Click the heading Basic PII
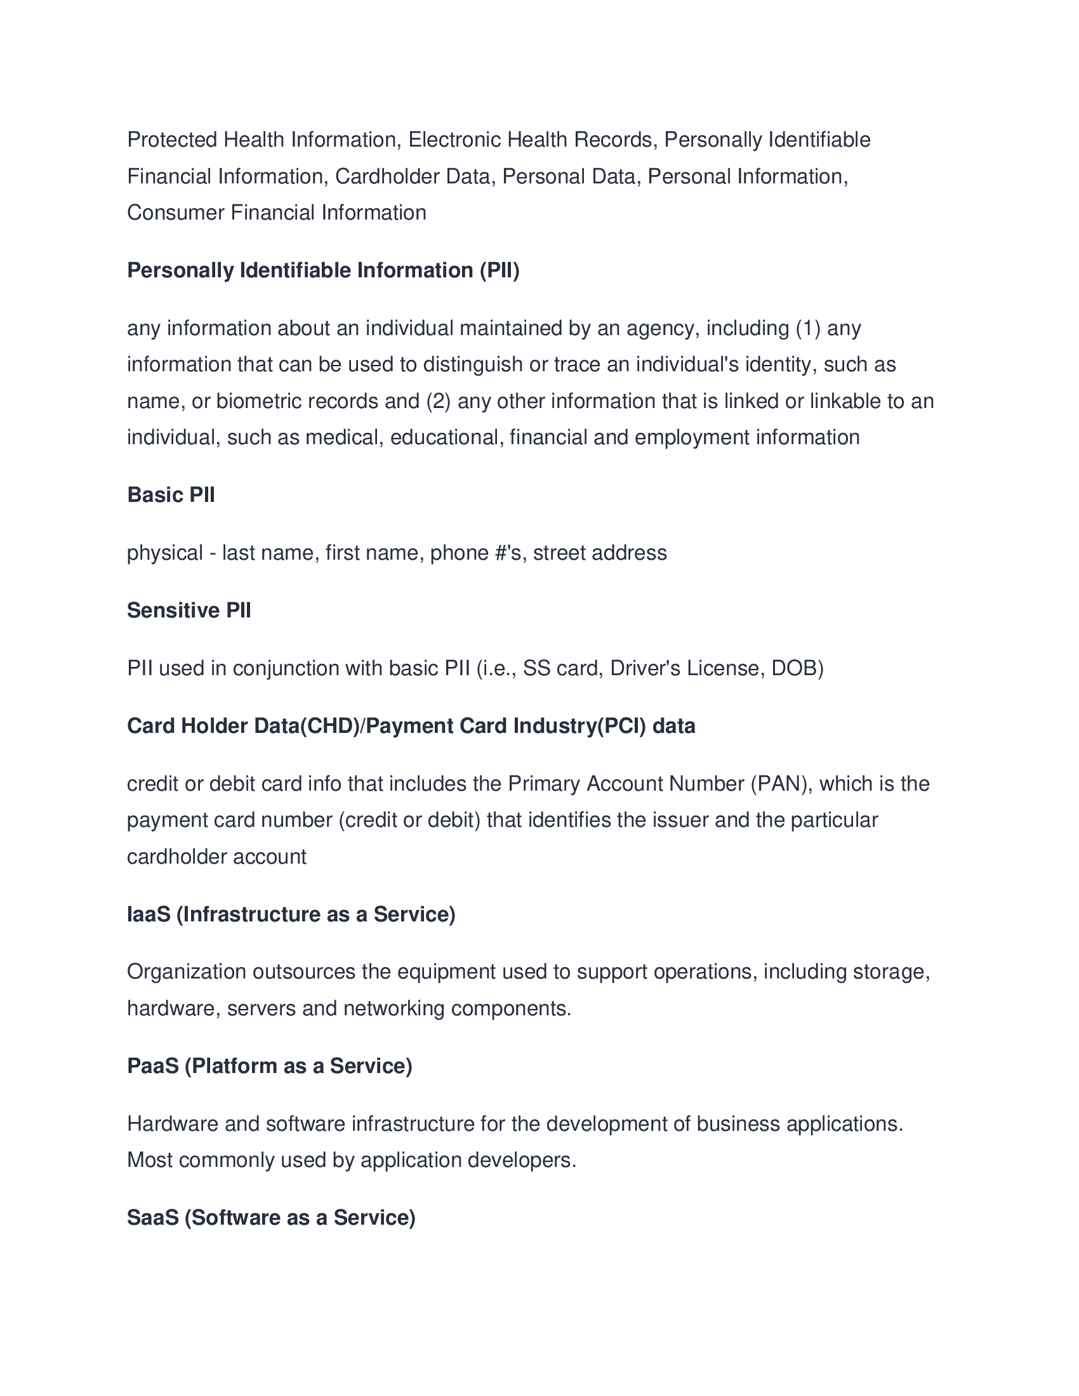171,495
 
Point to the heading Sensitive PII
189,610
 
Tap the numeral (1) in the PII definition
808,328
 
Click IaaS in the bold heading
149,914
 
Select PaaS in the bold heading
152,1065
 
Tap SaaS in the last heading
152,1217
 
